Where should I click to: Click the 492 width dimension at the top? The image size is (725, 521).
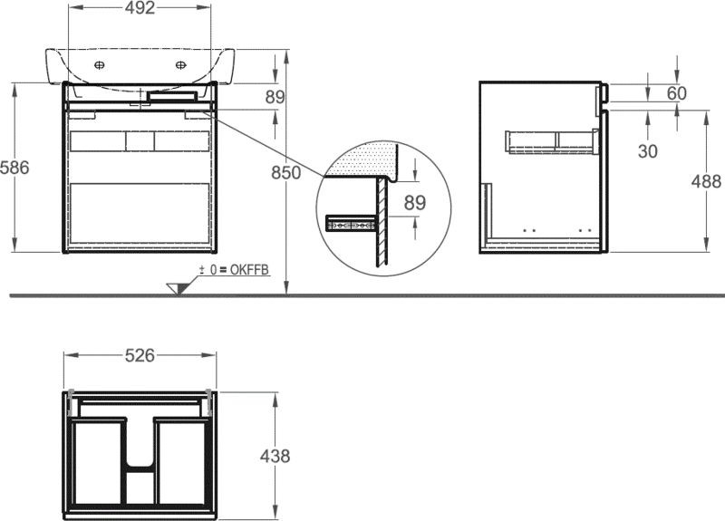pyautogui.click(x=140, y=7)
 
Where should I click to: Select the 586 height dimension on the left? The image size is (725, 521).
pyautogui.click(x=14, y=168)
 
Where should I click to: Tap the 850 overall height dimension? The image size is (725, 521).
pyautogui.click(x=285, y=173)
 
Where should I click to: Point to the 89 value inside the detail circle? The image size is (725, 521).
pyautogui.click(x=415, y=202)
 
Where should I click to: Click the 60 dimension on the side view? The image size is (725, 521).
pyautogui.click(x=676, y=93)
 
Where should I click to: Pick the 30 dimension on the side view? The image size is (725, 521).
pyautogui.click(x=647, y=150)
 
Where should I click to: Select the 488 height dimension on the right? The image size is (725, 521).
pyautogui.click(x=706, y=182)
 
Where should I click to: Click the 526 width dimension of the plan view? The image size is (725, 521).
pyautogui.click(x=140, y=355)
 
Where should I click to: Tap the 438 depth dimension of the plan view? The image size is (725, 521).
pyautogui.click(x=275, y=457)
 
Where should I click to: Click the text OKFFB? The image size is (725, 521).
pyautogui.click(x=249, y=270)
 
